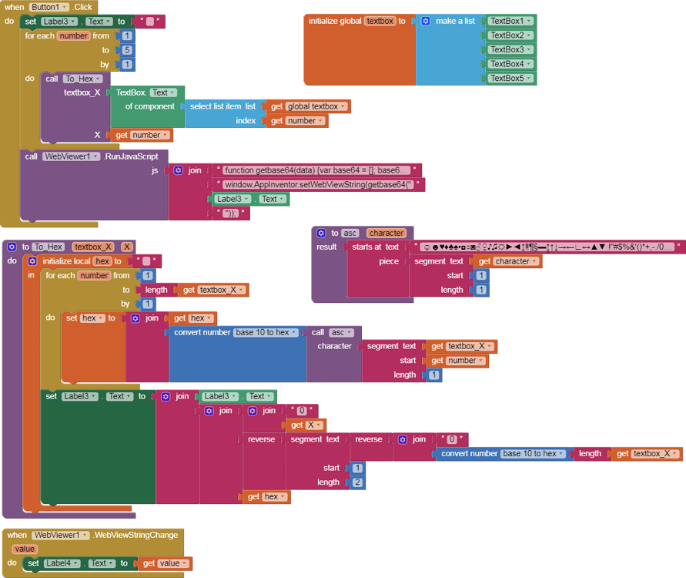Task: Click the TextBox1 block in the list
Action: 510,21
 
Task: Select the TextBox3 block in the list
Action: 510,49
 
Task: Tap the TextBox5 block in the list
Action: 510,78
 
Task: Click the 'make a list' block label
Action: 454,21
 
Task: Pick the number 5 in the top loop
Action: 127,50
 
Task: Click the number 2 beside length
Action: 356,482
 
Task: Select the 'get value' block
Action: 165,563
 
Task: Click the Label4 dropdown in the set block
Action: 61,563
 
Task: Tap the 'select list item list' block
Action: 223,106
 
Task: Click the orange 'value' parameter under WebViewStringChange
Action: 25,549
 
